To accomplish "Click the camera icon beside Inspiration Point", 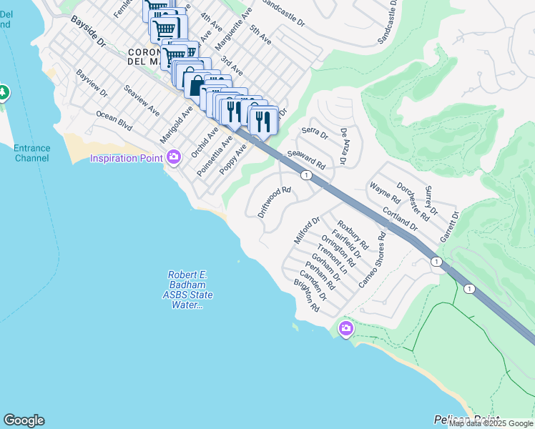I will (x=173, y=157).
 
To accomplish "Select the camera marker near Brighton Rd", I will (x=346, y=328).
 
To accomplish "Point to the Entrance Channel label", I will (x=32, y=153).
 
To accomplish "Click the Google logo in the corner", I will (x=24, y=420).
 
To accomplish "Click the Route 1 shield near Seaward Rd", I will (x=306, y=175).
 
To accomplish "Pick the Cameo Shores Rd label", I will (x=372, y=260).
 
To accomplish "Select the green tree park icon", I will (x=4, y=93).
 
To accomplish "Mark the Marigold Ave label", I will (x=177, y=123).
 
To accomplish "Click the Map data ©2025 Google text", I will (x=491, y=423).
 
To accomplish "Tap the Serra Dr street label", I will (x=314, y=133).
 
